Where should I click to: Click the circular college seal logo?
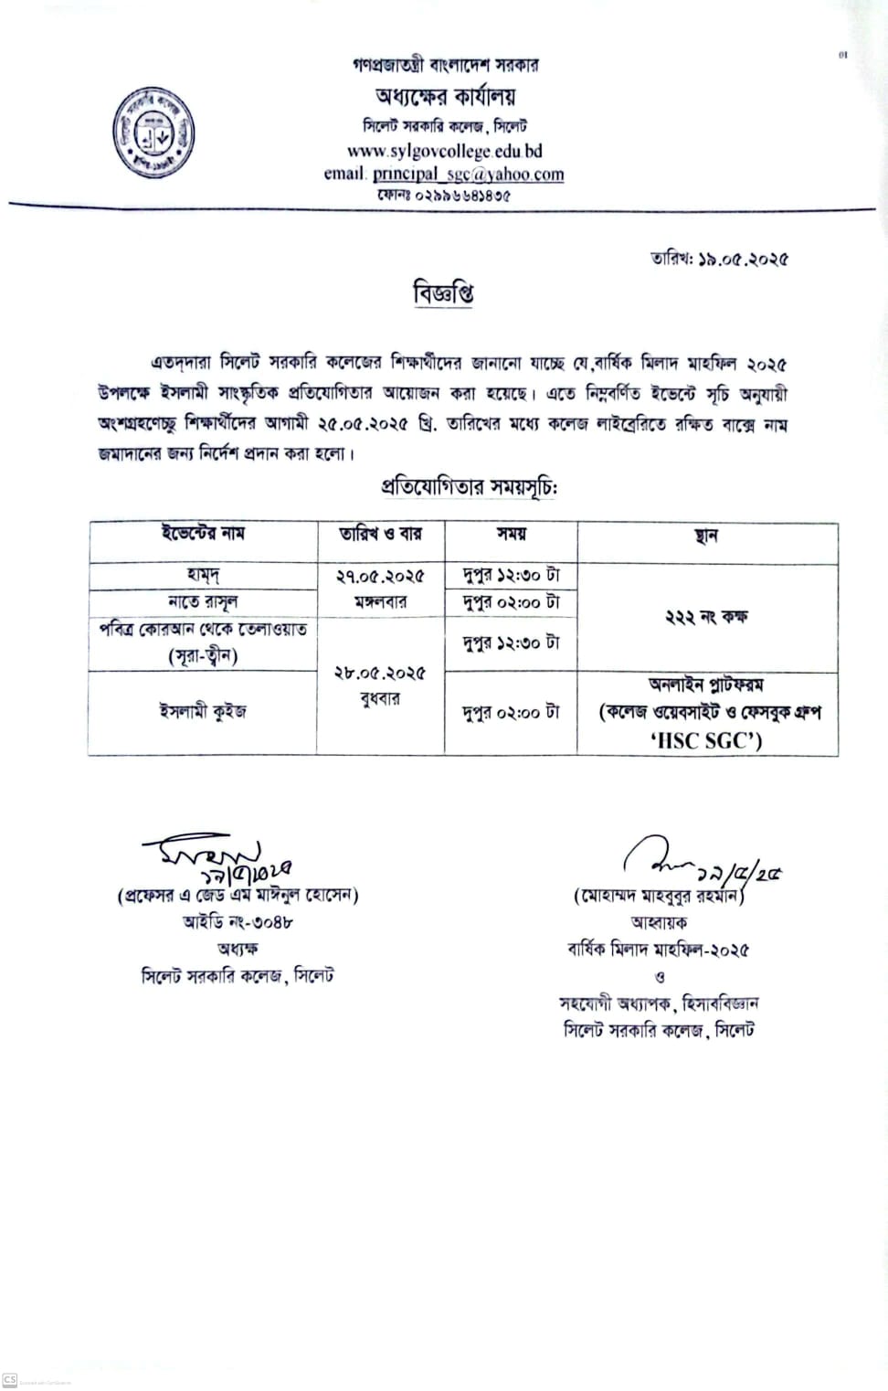pos(153,133)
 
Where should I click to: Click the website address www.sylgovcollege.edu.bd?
pos(444,151)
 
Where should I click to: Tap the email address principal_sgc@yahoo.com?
pos(468,174)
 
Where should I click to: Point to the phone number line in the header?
pos(444,195)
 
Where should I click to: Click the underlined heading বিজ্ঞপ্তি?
pos(444,294)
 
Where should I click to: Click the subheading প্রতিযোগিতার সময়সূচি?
pos(469,487)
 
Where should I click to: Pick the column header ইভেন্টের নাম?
pos(203,534)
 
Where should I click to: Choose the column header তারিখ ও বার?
pos(380,534)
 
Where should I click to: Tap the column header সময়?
pos(511,534)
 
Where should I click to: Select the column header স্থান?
pos(706,536)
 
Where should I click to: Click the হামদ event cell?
pos(203,576)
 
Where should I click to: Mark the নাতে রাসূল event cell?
pos(203,602)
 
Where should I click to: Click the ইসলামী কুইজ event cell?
pos(203,711)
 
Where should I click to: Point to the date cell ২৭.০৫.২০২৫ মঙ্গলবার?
pos(380,589)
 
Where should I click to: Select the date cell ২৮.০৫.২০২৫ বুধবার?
pos(380,685)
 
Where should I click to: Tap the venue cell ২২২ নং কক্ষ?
pos(706,617)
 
